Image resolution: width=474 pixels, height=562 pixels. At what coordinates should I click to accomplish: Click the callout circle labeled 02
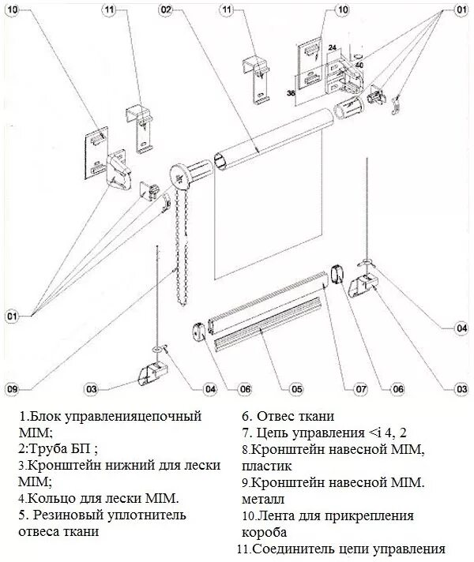(x=165, y=10)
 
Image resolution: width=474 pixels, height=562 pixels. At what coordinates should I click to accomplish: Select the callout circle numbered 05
(x=295, y=388)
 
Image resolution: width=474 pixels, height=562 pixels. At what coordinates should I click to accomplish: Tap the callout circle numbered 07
(x=360, y=388)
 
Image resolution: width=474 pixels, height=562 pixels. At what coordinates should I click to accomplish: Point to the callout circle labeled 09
(x=11, y=388)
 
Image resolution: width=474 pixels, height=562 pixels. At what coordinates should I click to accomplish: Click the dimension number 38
(x=291, y=94)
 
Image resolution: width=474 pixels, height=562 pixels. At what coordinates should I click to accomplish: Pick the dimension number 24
(x=332, y=47)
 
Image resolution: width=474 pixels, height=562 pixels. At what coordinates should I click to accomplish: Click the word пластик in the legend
(x=268, y=466)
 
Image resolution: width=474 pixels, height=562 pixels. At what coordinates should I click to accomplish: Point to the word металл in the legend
(x=265, y=499)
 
